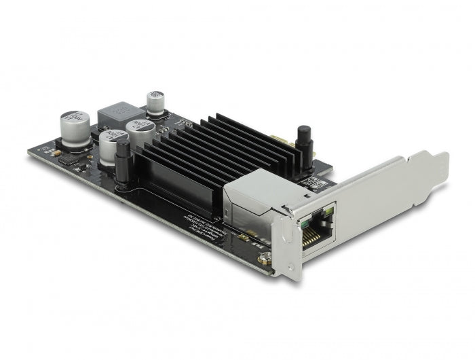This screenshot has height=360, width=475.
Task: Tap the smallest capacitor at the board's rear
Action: tap(155, 102)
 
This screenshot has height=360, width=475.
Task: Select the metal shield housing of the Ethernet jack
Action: tap(254, 194)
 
